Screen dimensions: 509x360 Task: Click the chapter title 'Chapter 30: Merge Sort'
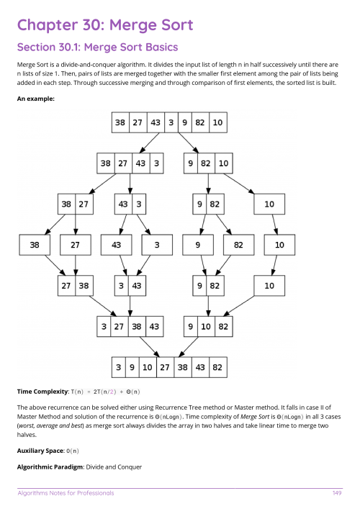click(x=105, y=25)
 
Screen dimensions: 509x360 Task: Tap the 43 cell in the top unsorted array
click(x=155, y=122)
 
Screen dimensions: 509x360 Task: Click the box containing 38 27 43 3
click(x=130, y=163)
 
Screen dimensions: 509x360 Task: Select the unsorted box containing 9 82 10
click(x=208, y=163)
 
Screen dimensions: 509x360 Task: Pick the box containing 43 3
click(x=130, y=204)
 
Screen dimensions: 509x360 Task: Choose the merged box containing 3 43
click(x=130, y=286)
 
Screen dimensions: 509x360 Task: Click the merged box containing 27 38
click(x=76, y=286)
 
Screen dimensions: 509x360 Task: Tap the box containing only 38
click(x=35, y=245)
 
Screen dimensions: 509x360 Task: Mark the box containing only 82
click(x=238, y=245)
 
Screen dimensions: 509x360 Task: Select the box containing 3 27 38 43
click(x=130, y=327)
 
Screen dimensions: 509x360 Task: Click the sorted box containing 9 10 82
click(x=208, y=327)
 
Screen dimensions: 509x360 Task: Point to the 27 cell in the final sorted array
click(x=165, y=367)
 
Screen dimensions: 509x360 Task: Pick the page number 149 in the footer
click(x=336, y=493)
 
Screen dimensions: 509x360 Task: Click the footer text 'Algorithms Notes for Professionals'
click(x=66, y=493)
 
